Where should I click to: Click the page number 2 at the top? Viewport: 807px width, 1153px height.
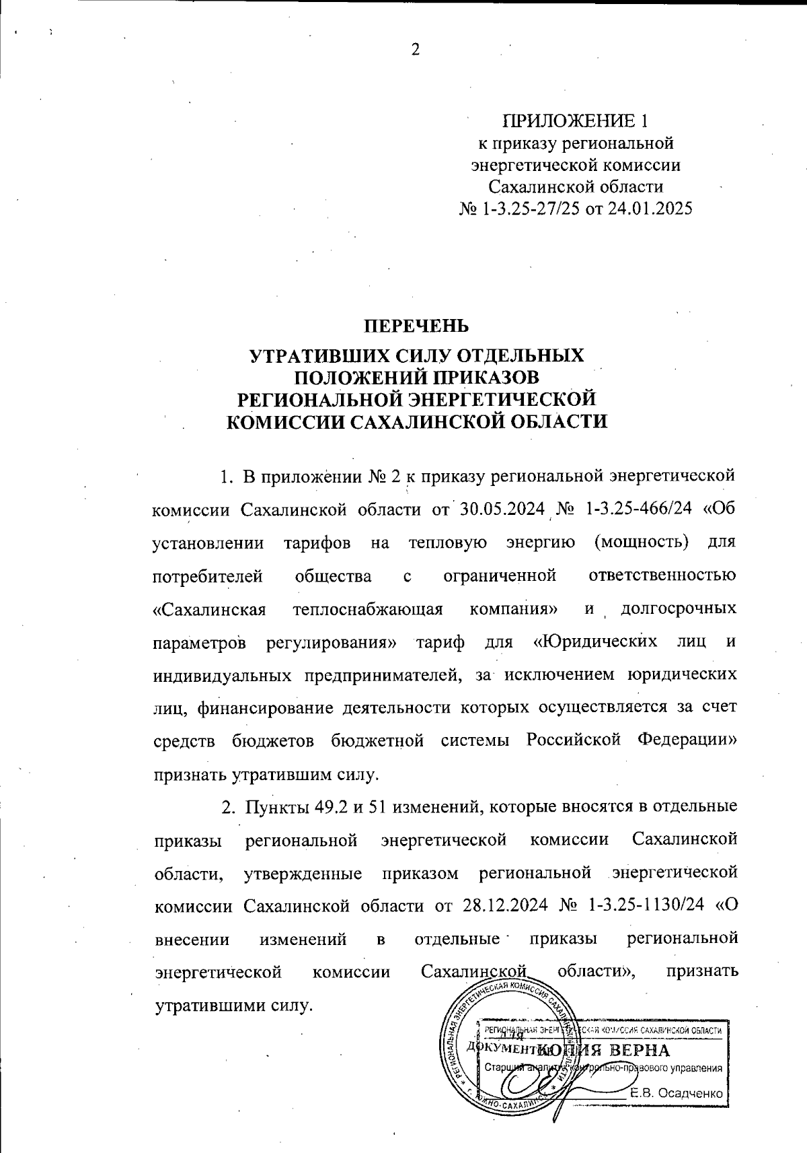pos(415,50)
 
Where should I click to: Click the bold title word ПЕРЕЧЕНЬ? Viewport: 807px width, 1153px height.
pos(416,326)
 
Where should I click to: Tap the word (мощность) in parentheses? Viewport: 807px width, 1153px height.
pos(642,542)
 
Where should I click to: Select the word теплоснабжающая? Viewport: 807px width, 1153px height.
pos(369,609)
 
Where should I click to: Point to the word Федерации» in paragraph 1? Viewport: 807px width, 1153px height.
pos(686,740)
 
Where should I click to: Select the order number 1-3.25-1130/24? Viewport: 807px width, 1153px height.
pos(646,905)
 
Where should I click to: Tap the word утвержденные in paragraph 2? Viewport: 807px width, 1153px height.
pos(303,873)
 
